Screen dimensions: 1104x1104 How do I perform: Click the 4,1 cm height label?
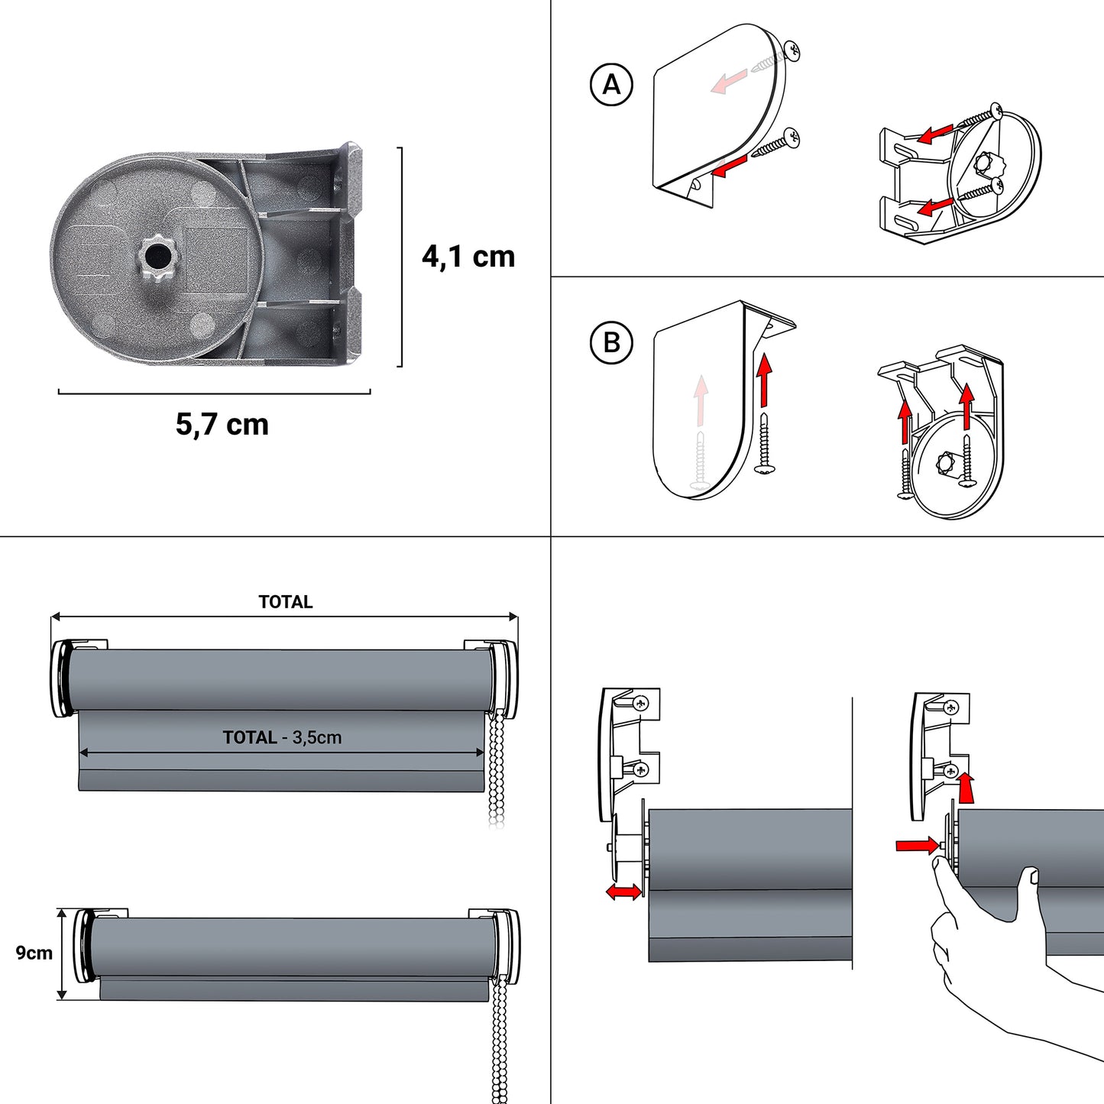[x=468, y=257]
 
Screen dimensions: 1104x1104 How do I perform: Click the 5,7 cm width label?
[x=222, y=424]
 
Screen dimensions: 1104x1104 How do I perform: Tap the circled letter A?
[x=612, y=84]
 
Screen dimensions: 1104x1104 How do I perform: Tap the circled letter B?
[x=612, y=342]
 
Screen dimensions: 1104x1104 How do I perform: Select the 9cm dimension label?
[x=34, y=953]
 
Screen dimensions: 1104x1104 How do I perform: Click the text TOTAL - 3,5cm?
[x=282, y=737]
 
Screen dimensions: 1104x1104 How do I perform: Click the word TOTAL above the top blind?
[x=285, y=602]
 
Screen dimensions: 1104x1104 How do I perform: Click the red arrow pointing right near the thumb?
[x=917, y=845]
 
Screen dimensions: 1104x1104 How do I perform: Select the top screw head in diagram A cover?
[x=792, y=51]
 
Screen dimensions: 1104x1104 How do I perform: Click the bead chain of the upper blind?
[x=497, y=768]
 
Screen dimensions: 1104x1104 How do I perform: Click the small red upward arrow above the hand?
[x=966, y=788]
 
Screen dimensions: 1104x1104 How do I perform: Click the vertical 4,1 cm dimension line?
[x=400, y=257]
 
